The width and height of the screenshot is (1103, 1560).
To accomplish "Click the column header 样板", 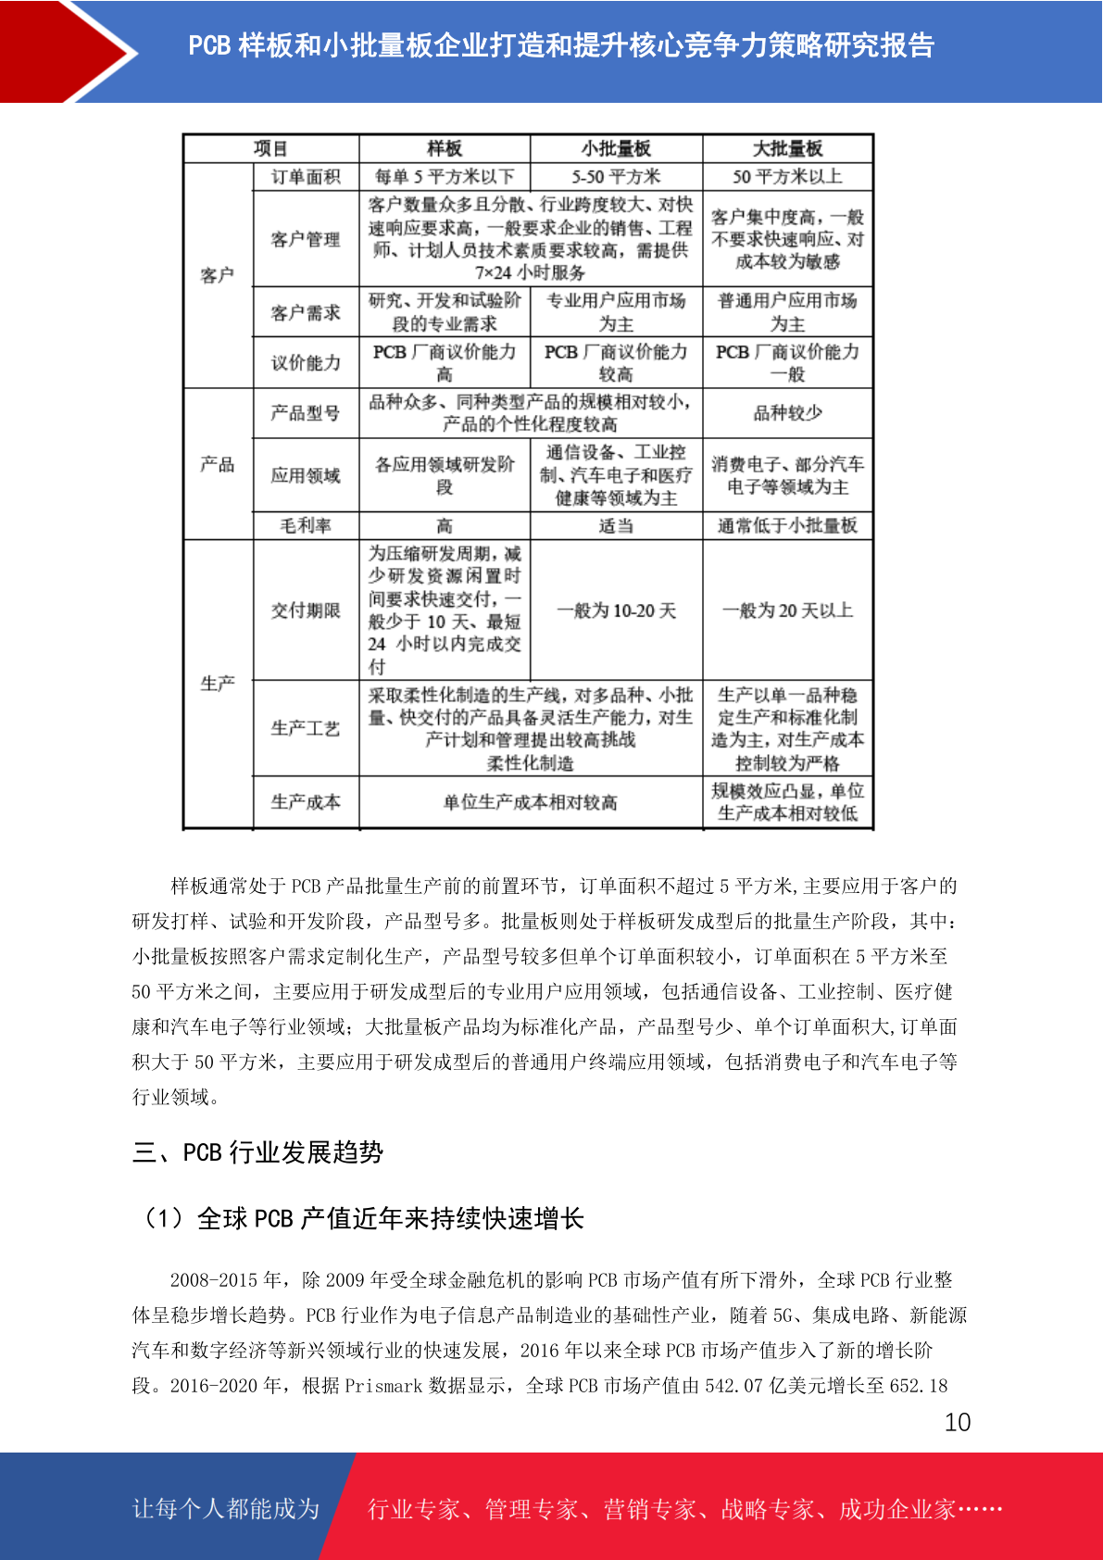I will point(445,149).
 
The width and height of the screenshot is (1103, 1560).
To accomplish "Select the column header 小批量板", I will point(616,149).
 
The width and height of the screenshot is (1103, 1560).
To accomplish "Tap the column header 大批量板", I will point(787,149).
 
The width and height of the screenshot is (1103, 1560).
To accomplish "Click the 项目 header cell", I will point(270,149).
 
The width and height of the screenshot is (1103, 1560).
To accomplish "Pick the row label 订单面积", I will point(306,177).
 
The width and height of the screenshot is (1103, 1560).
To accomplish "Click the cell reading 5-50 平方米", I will point(616,177).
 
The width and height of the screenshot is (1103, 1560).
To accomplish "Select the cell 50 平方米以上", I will point(787,177).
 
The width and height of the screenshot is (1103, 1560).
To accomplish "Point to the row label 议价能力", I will point(306,363).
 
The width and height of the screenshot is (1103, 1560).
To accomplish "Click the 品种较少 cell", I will point(787,413).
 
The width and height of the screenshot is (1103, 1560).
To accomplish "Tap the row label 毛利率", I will point(306,526).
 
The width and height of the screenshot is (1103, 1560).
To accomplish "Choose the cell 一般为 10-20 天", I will point(616,610).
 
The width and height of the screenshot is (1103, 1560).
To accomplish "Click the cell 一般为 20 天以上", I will point(787,610).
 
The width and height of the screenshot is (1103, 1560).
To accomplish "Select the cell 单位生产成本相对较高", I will point(530,802).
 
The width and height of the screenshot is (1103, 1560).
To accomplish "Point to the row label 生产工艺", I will point(306,729).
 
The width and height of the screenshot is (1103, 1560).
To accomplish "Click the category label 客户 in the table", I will point(218,275).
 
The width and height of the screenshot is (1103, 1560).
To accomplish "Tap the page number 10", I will point(958,1423).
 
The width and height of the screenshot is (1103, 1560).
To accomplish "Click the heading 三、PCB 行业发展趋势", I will point(258,1152).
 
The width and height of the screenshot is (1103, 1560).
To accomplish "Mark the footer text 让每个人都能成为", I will point(226,1509).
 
